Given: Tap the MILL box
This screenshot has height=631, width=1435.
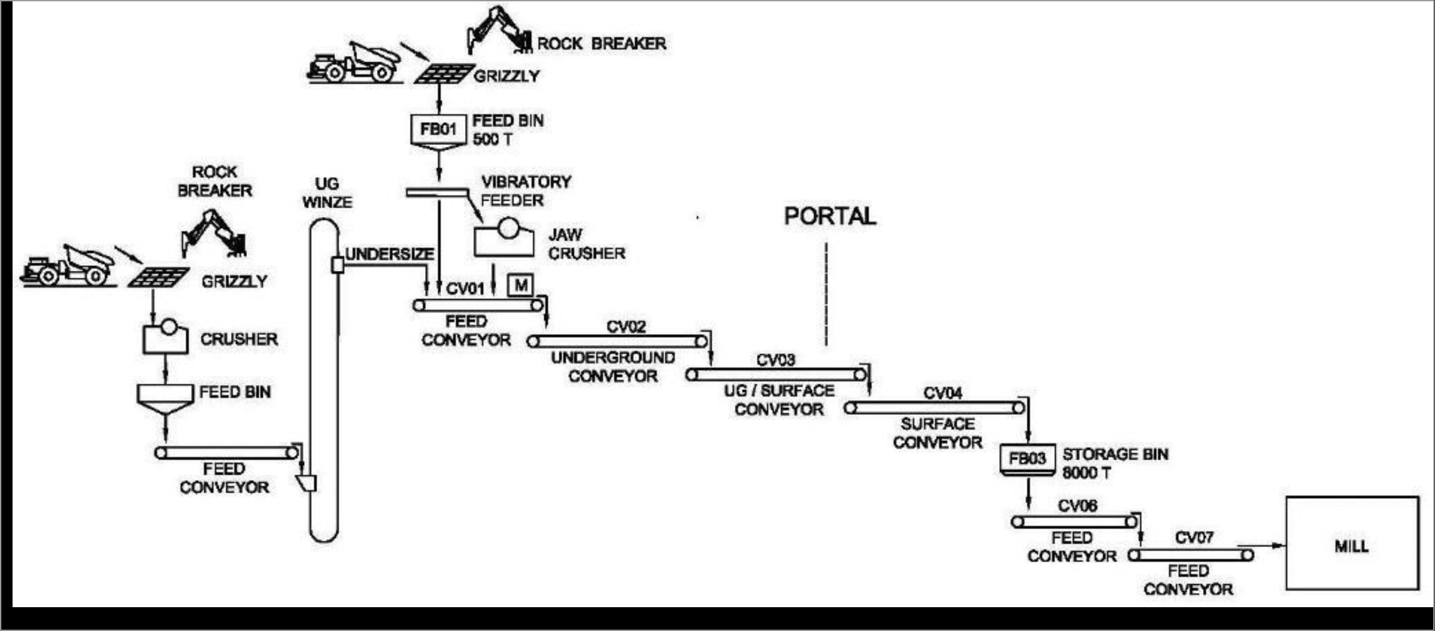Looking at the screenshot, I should click(x=1351, y=543).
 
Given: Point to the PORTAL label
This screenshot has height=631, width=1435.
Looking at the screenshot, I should click(x=830, y=216).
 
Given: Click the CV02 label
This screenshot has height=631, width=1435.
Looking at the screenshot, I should click(x=626, y=327).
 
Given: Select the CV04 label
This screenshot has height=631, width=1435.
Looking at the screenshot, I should click(x=943, y=393).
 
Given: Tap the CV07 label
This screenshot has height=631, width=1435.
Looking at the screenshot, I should click(x=1194, y=537).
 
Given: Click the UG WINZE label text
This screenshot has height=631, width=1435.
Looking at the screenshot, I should click(x=327, y=193).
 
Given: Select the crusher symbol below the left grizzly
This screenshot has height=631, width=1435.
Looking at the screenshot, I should click(x=165, y=337).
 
